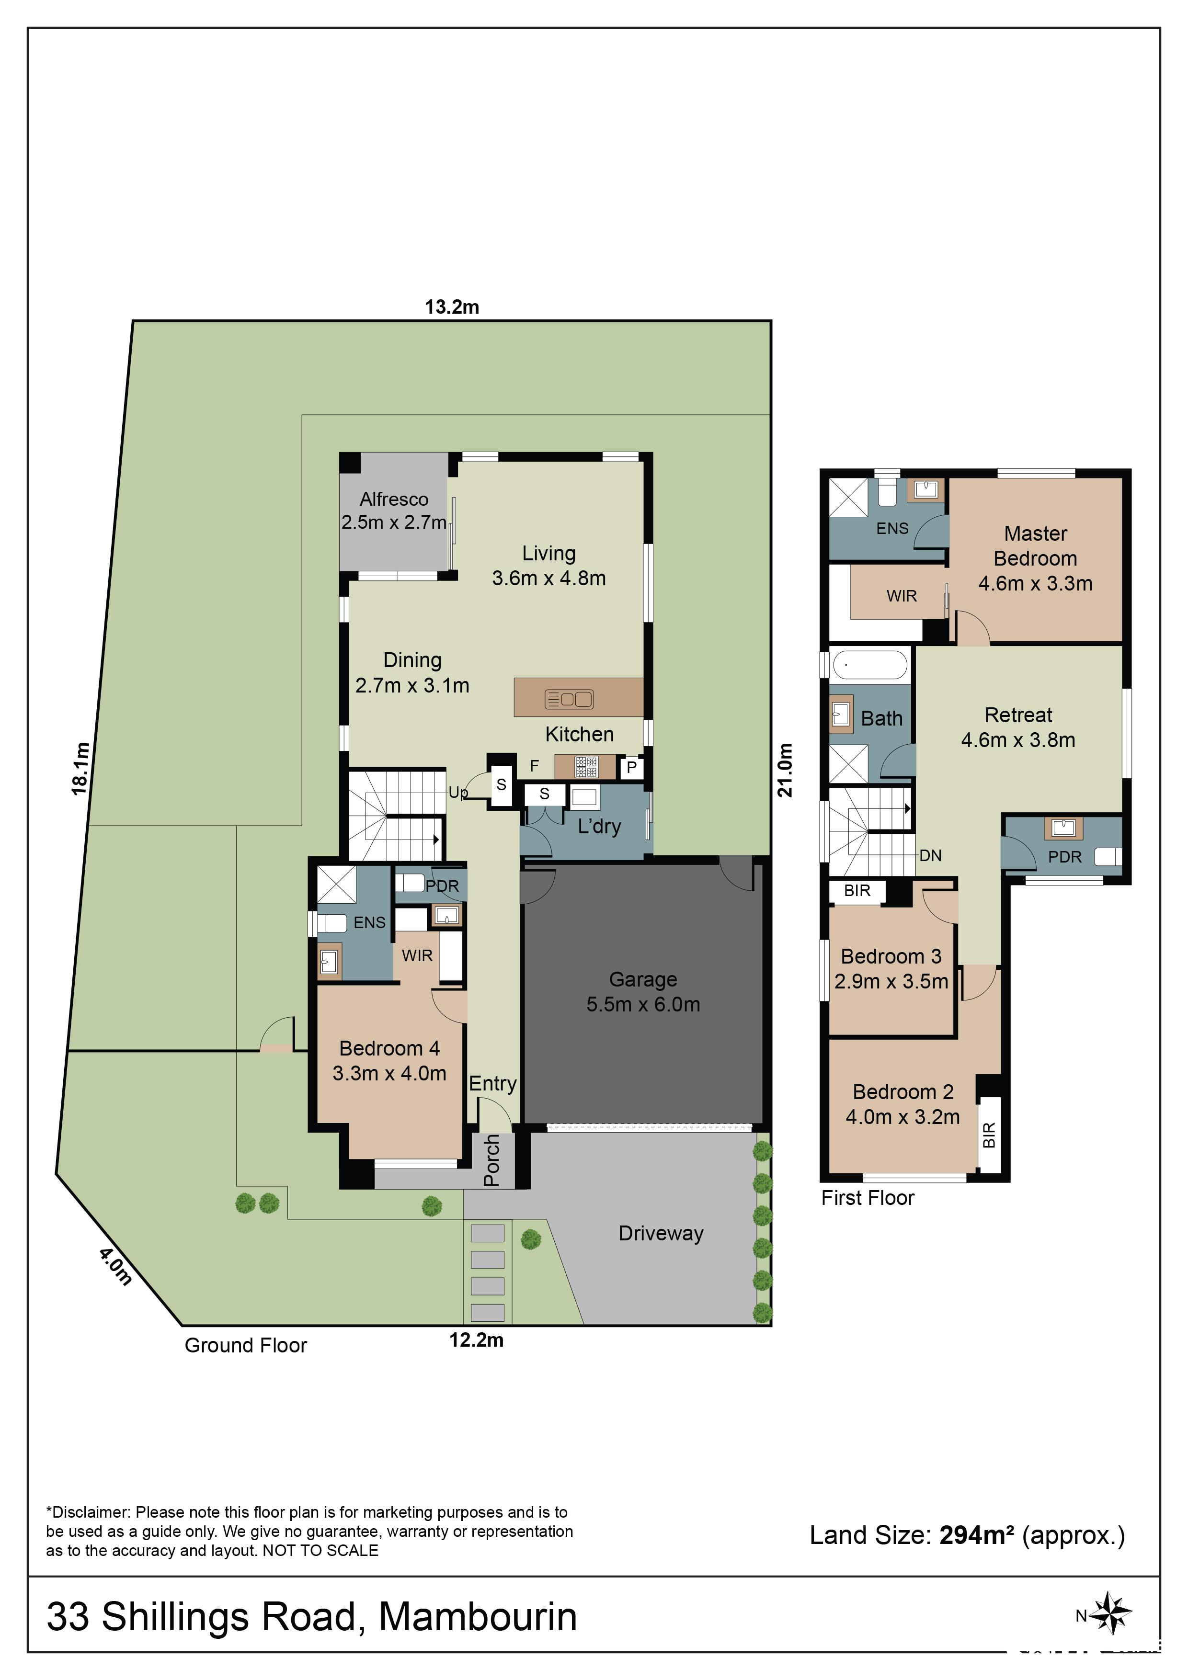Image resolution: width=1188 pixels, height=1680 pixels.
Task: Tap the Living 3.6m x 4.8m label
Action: click(549, 566)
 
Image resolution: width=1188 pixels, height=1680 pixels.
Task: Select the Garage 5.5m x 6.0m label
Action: click(643, 991)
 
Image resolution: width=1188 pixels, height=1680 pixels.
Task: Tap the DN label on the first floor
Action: click(930, 855)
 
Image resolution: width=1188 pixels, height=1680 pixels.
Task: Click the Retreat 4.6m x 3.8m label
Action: click(1018, 727)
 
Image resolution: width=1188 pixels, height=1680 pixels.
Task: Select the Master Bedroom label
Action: click(1035, 546)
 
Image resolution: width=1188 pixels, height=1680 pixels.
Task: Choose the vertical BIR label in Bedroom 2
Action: click(989, 1135)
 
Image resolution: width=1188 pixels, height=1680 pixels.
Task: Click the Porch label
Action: click(492, 1160)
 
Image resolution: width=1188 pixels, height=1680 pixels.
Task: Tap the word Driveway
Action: click(661, 1234)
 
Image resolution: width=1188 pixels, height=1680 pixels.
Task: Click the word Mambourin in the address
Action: click(478, 1617)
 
